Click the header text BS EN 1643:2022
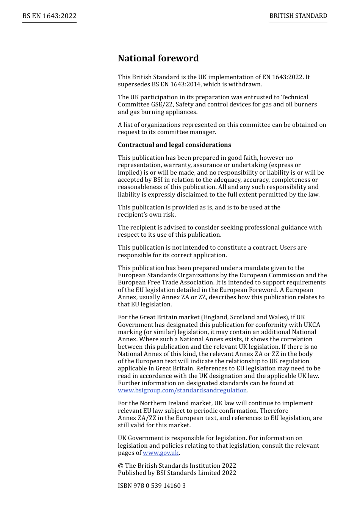[x=49, y=16]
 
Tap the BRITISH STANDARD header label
[x=298, y=16]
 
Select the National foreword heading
[x=158, y=58]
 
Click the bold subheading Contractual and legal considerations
[x=174, y=145]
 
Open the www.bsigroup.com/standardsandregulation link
[x=182, y=390]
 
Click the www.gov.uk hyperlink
[x=161, y=453]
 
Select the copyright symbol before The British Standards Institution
[x=121, y=466]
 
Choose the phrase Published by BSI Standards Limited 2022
[x=177, y=473]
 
